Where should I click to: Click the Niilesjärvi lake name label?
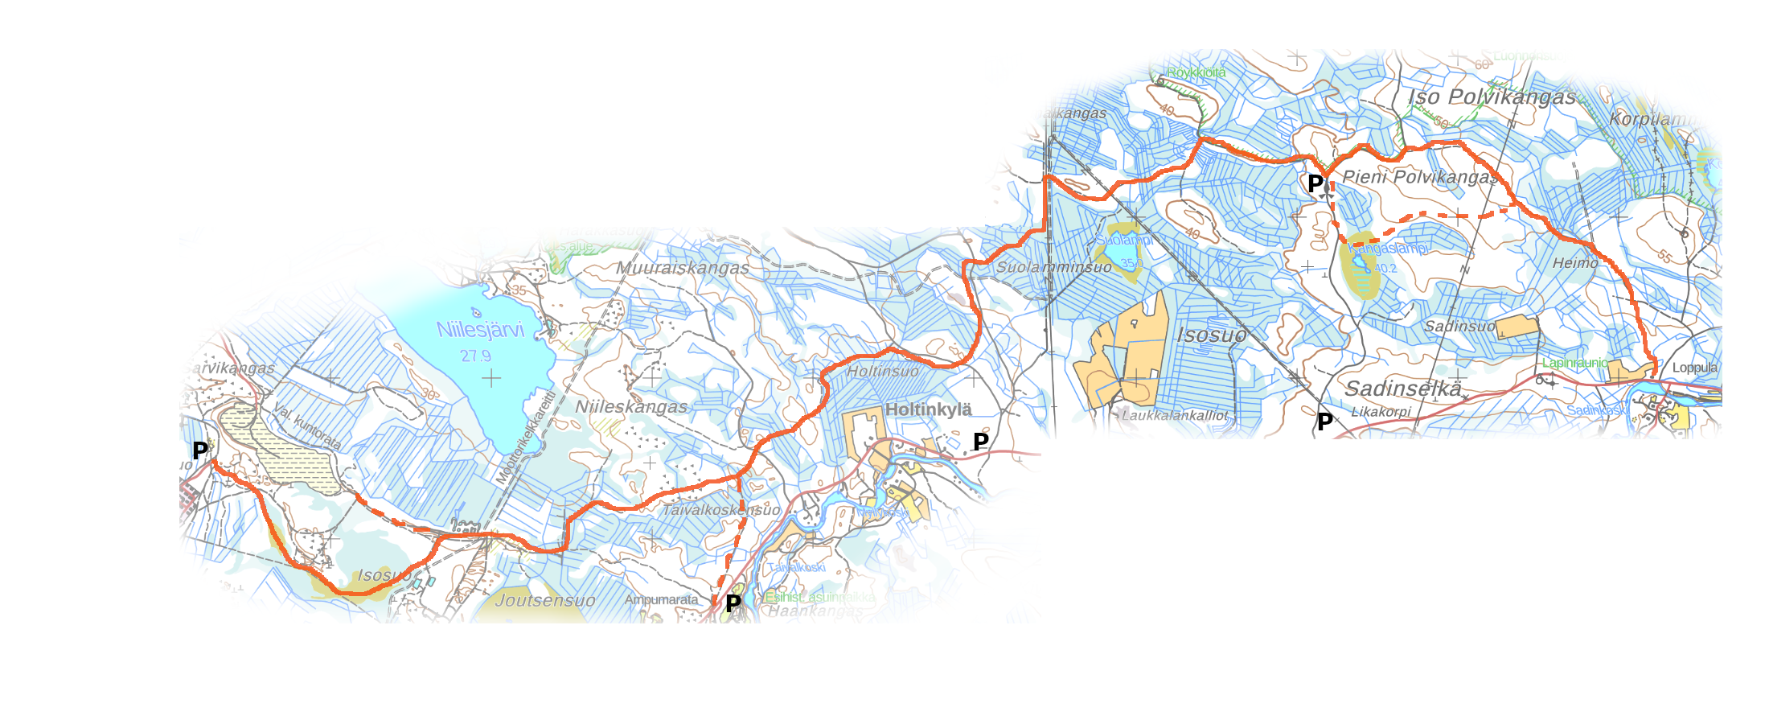(x=480, y=329)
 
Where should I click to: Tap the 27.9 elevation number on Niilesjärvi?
(x=475, y=356)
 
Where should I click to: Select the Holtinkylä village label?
(x=928, y=409)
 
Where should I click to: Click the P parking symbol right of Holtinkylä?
(x=981, y=441)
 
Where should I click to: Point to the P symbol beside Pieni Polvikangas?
(x=1315, y=183)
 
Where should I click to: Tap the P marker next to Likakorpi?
(x=1325, y=421)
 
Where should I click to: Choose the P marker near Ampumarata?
(x=733, y=603)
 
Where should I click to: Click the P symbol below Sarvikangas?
(x=200, y=450)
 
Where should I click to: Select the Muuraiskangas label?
(x=683, y=268)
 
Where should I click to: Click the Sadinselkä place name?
(x=1403, y=389)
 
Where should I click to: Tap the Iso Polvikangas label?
(x=1492, y=97)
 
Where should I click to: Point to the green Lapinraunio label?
(x=1574, y=363)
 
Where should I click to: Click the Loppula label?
(x=1694, y=368)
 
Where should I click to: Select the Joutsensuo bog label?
(x=545, y=600)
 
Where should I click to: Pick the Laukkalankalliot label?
(x=1175, y=416)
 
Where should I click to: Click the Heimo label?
(x=1575, y=263)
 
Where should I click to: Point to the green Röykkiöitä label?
(x=1196, y=72)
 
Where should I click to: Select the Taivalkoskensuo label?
(x=720, y=510)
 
